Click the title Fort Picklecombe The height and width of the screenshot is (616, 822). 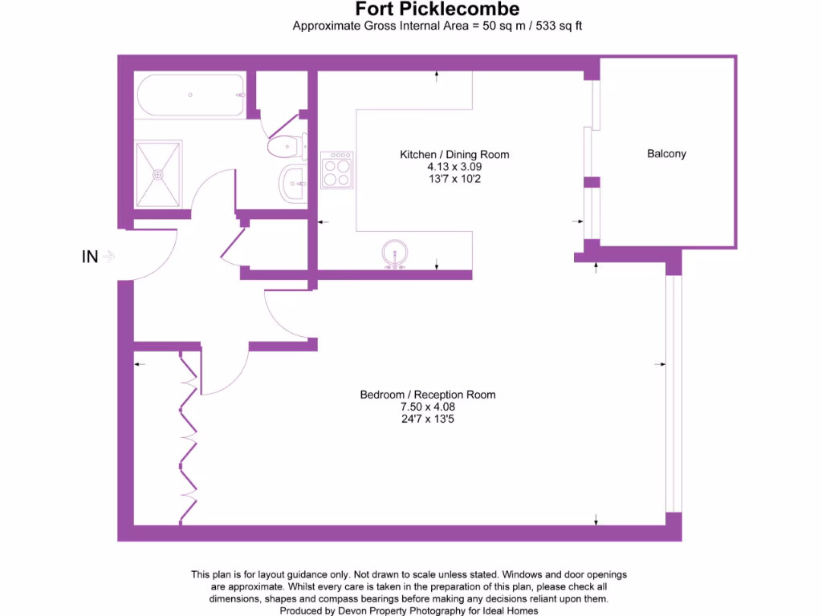click(x=437, y=10)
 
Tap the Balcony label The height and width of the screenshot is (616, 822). click(x=666, y=153)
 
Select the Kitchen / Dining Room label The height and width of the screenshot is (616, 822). click(x=454, y=154)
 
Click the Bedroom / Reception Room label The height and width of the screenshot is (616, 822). click(x=427, y=395)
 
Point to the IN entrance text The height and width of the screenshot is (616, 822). click(x=90, y=257)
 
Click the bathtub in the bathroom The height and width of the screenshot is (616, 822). click(x=190, y=95)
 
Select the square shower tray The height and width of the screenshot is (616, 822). click(x=158, y=174)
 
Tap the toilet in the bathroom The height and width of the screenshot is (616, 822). click(x=285, y=147)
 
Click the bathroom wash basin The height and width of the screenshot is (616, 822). click(x=293, y=184)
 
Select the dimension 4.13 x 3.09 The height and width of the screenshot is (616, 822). click(x=454, y=167)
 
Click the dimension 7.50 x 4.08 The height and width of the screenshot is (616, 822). click(x=427, y=407)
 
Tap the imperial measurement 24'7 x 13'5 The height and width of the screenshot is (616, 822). click(x=427, y=419)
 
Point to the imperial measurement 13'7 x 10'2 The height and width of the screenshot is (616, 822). click(x=454, y=179)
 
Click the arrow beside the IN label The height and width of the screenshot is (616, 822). click(x=109, y=257)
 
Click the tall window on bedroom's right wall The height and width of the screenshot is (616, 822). click(x=673, y=393)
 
